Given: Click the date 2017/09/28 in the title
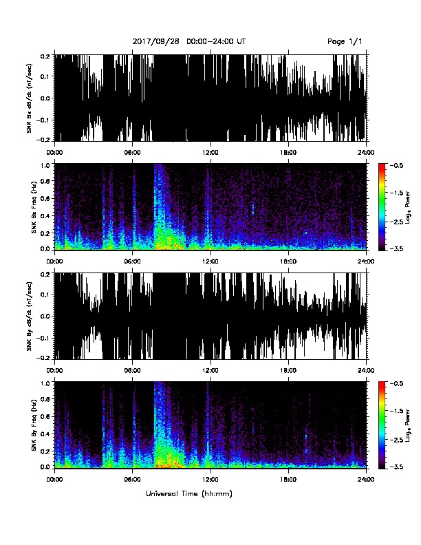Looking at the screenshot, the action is [156, 41].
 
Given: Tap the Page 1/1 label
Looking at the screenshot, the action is [345, 42].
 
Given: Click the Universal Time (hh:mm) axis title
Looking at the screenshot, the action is [189, 493].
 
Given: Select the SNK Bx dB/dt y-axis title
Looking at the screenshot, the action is [29, 98].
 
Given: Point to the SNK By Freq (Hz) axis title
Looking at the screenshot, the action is [34, 425].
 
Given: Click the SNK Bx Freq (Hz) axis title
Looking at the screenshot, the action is [34, 207].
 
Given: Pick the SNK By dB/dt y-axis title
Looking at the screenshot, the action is [29, 316].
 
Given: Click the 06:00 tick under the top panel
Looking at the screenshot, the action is [132, 153].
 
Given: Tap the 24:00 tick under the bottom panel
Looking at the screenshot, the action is [367, 480].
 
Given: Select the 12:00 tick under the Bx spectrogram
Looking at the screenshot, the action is [210, 261].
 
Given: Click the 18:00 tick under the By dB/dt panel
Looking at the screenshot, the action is [288, 370].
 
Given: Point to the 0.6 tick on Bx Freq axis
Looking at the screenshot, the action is [46, 198].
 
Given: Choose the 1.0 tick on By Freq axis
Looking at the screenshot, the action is [46, 383].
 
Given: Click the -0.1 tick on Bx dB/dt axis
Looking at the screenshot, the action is [45, 120].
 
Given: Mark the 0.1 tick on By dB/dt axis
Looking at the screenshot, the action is [46, 295].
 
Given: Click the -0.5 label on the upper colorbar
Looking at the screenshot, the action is [397, 165].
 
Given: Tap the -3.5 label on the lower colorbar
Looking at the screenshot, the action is [397, 467].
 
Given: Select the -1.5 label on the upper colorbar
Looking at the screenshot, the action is [397, 193].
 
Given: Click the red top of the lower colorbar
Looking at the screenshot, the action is [382, 384].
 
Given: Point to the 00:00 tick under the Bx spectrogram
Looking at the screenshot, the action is [54, 261].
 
